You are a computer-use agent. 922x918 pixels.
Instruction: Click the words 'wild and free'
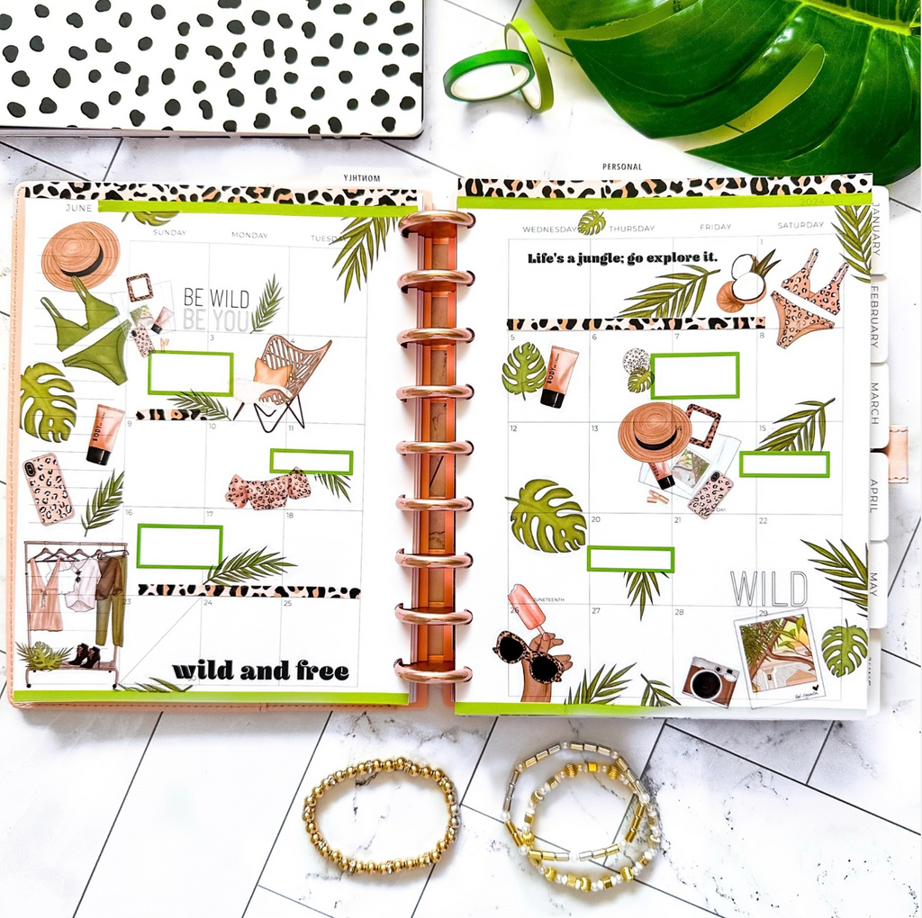point(260,670)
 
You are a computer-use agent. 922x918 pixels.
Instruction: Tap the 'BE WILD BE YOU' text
point(216,308)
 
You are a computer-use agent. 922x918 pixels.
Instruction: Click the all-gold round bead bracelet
point(382,815)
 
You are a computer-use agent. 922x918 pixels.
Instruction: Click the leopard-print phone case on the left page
point(48,489)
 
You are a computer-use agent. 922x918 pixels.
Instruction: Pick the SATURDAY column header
point(800,225)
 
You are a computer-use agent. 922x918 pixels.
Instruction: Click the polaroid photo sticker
point(778,657)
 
